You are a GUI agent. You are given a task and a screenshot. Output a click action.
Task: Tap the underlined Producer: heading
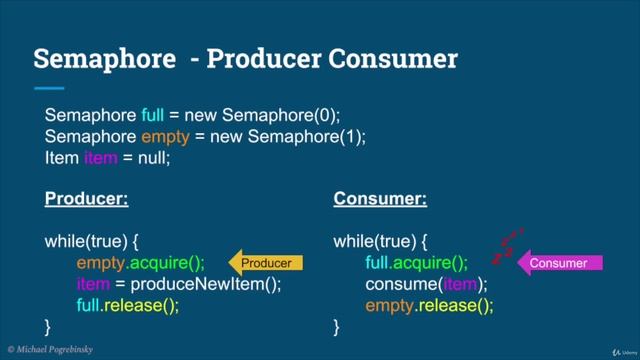(x=87, y=200)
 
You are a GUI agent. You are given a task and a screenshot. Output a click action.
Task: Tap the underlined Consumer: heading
(x=379, y=200)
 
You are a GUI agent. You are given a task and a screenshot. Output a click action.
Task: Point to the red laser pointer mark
(x=507, y=247)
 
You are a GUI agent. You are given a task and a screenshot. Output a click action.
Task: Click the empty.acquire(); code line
(x=140, y=264)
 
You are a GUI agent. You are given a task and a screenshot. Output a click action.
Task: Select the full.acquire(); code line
(x=417, y=264)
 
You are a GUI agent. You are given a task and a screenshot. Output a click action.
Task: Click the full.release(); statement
(x=127, y=306)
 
